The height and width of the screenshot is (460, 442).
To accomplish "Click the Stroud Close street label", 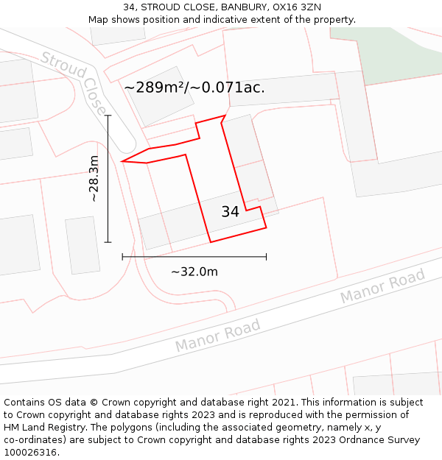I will tap(74, 83).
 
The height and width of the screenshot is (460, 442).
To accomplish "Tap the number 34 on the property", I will tap(230, 212).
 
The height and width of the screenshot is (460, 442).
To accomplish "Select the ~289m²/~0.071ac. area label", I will tap(194, 88).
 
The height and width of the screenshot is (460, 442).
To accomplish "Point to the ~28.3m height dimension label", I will tap(94, 179).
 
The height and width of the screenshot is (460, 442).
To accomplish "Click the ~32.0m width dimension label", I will tap(194, 272).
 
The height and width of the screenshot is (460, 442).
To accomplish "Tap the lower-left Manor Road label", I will tap(218, 335).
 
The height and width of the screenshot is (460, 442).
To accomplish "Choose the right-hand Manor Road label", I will tap(382, 286).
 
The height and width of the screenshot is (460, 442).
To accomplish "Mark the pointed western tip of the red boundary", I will tap(122, 161).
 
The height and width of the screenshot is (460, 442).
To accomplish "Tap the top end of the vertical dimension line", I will tap(108, 116).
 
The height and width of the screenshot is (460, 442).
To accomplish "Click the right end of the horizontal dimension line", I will tap(266, 257).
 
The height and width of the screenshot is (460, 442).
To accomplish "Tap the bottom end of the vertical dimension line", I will tap(108, 241).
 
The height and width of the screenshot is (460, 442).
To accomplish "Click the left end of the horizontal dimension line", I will tap(123, 257).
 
